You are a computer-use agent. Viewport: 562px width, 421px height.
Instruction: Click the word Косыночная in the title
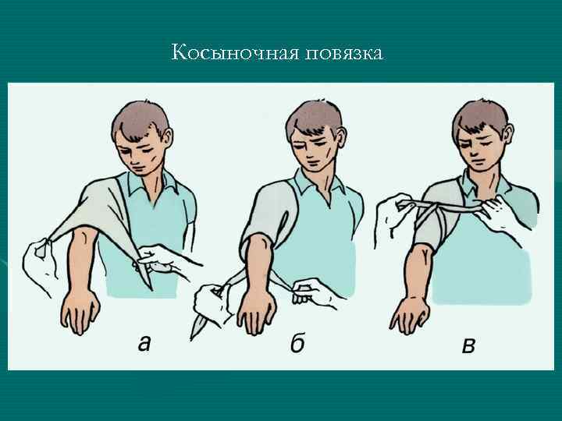[235, 53]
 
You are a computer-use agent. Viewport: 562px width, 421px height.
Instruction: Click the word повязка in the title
[344, 54]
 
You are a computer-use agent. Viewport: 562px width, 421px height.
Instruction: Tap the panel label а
[144, 344]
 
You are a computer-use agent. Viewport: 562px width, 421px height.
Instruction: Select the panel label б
[297, 343]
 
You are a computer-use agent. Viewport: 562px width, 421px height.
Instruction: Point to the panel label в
[469, 346]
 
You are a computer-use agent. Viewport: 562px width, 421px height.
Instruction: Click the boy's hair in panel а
[140, 120]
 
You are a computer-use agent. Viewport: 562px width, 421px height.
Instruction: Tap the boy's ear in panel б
[340, 138]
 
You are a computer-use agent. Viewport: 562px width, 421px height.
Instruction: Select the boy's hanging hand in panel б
[257, 311]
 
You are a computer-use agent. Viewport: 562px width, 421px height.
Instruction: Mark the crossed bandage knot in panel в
[435, 207]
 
